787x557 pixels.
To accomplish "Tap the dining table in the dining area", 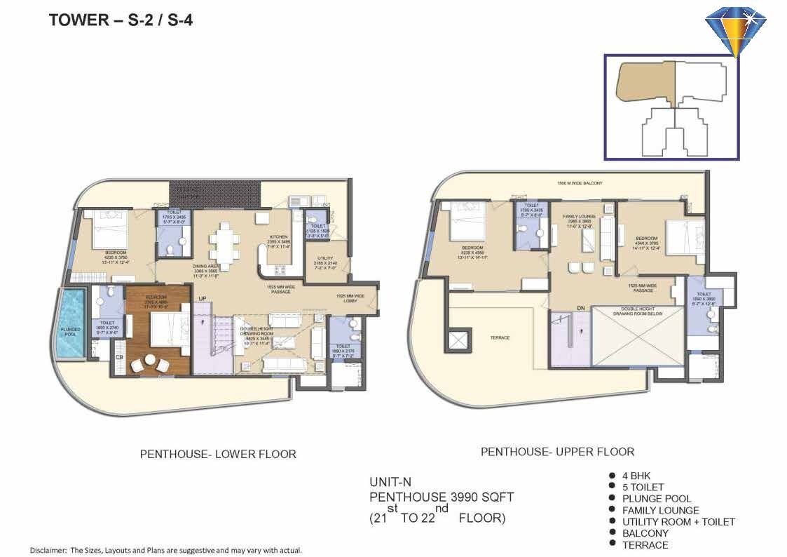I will point(225,243).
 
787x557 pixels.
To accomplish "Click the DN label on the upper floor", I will point(580,307).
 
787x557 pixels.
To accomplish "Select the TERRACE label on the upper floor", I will point(500,337).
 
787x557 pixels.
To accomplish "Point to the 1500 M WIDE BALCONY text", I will point(579,183).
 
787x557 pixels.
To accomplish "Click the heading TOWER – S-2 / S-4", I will point(121,20).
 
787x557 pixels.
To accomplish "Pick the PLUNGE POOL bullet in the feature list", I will point(656,499).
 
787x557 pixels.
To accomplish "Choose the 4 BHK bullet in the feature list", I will point(636,476).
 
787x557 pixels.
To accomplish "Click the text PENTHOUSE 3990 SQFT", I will point(442,497).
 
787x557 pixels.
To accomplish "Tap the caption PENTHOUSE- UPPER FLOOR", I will point(557,452).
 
